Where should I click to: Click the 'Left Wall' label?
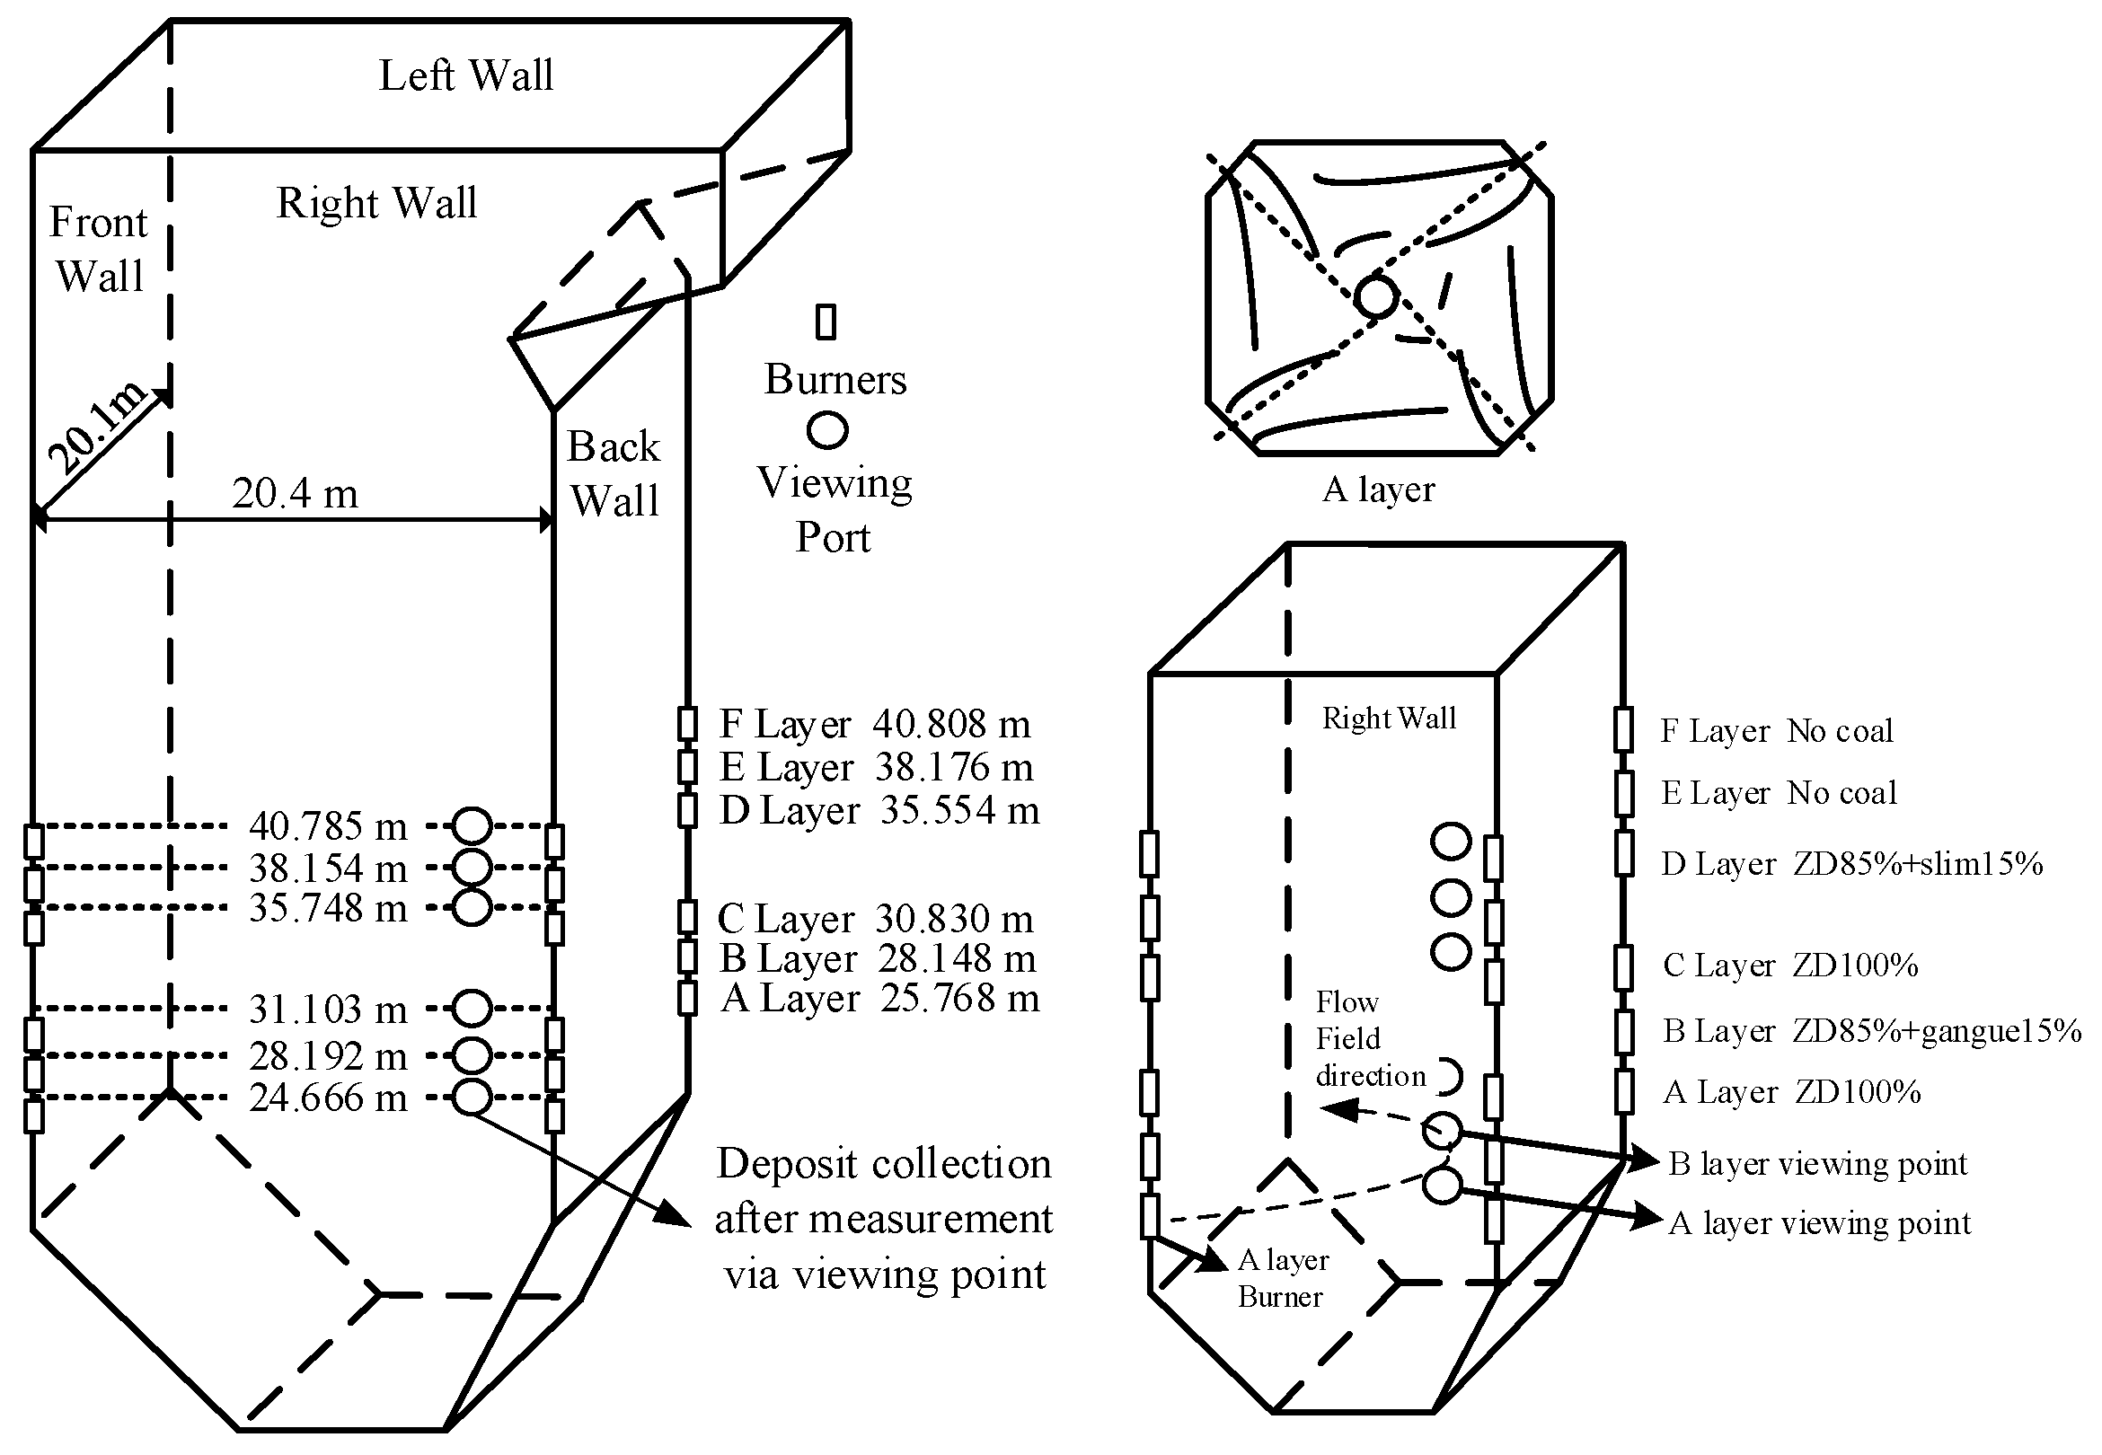(466, 75)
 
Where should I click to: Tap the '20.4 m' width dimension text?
(295, 494)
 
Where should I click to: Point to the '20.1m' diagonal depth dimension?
(96, 428)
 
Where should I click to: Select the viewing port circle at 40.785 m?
(473, 826)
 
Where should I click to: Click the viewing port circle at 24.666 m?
(472, 1097)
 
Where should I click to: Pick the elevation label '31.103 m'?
(328, 1010)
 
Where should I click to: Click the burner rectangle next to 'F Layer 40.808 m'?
(687, 724)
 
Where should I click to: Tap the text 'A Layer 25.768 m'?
(879, 998)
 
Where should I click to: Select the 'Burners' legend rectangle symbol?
(826, 322)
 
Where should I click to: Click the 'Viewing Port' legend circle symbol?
(826, 429)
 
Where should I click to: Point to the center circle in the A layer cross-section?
(1375, 297)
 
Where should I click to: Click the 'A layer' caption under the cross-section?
(1378, 489)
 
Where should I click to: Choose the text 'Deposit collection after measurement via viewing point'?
(882, 1219)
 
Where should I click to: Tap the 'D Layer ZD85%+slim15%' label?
(1851, 863)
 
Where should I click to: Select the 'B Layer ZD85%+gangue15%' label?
(1871, 1030)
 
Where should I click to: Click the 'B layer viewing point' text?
(1817, 1164)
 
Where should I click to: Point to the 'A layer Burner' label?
(1281, 1278)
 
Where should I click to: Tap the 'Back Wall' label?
(614, 474)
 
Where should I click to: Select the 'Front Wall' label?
(99, 249)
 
